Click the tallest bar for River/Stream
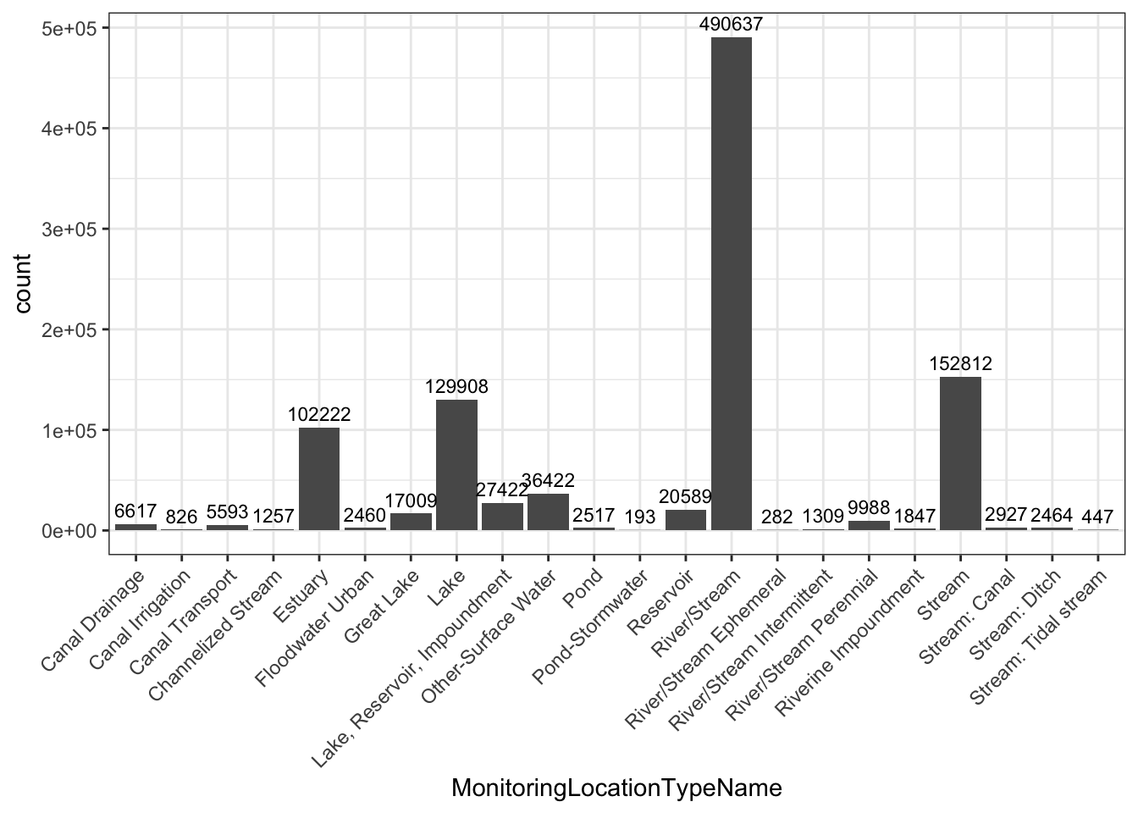click(732, 284)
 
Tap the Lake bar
click(456, 465)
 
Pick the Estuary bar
click(319, 479)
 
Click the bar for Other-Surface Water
click(548, 512)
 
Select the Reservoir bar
click(686, 520)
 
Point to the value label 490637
click(732, 25)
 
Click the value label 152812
click(960, 364)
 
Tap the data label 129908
click(456, 387)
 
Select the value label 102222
click(319, 415)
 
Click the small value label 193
click(640, 516)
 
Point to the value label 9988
click(869, 508)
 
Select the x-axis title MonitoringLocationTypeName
click(616, 788)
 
